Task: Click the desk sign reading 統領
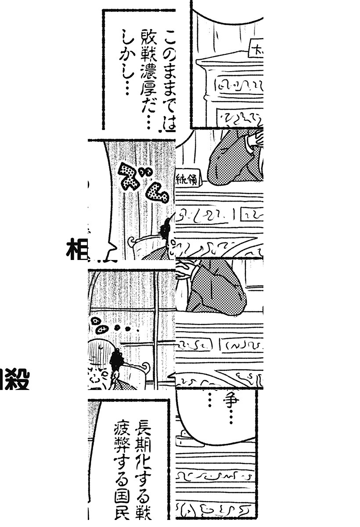click(187, 179)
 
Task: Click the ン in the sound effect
click(155, 193)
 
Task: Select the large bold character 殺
click(18, 380)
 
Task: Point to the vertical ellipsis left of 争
click(209, 399)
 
